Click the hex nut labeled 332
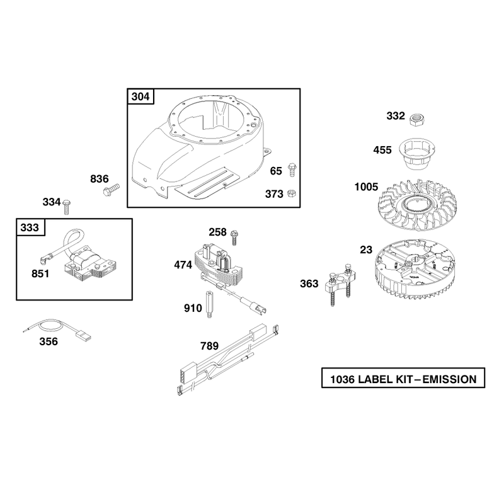[x=418, y=120]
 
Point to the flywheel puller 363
[x=340, y=284]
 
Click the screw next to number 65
[x=292, y=169]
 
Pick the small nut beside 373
[x=292, y=193]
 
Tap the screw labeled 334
[x=67, y=207]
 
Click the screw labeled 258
[x=234, y=238]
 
